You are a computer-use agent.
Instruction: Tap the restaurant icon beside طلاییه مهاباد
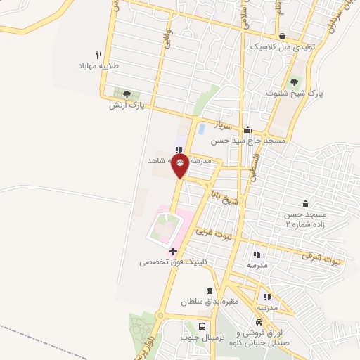point(99,55)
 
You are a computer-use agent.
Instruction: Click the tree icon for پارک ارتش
point(127,94)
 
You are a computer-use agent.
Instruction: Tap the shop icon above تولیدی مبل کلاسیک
point(281,37)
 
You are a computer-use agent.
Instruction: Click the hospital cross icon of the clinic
point(173,250)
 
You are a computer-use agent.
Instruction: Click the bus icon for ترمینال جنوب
point(202,327)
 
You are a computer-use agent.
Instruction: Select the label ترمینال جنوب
point(202,338)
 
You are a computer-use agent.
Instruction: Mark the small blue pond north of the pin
point(202,130)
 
